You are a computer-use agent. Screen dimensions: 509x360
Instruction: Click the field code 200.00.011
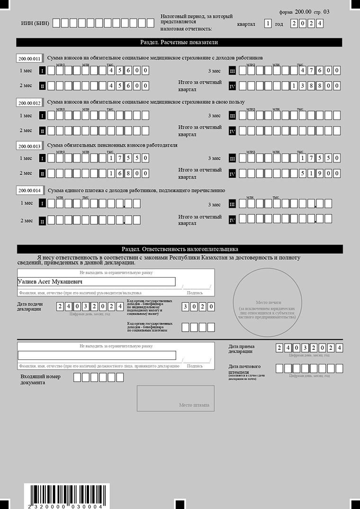pyautogui.click(x=29, y=58)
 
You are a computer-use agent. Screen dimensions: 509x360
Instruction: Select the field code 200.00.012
pyautogui.click(x=29, y=103)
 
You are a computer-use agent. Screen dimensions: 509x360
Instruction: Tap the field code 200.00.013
pyautogui.click(x=29, y=146)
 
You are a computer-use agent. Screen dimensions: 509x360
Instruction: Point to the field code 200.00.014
pyautogui.click(x=29, y=191)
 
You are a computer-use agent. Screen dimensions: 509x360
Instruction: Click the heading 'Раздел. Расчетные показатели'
pyautogui.click(x=179, y=42)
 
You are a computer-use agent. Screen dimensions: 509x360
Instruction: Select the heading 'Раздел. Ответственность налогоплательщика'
pyautogui.click(x=179, y=249)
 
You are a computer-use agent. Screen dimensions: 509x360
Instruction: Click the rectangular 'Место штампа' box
pyautogui.click(x=175, y=398)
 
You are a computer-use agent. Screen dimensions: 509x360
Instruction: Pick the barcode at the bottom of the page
pyautogui.click(x=67, y=496)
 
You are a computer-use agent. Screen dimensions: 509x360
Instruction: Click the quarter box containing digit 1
pyautogui.click(x=268, y=23)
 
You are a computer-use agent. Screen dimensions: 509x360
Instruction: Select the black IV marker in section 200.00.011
pyautogui.click(x=232, y=86)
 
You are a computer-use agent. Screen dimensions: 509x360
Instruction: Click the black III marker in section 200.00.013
pyautogui.click(x=232, y=158)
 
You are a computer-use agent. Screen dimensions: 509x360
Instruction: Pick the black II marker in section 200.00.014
pyautogui.click(x=42, y=221)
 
